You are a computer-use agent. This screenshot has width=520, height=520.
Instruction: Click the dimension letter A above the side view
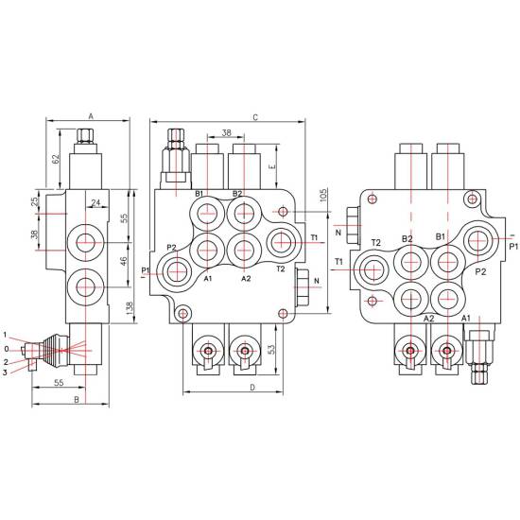pyautogui.click(x=91, y=116)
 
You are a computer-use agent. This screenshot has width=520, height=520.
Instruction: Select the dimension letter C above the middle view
pyautogui.click(x=255, y=117)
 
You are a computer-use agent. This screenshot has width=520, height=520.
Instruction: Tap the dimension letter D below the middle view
pyautogui.click(x=252, y=388)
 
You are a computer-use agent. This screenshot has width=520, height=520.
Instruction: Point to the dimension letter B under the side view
pyautogui.click(x=77, y=400)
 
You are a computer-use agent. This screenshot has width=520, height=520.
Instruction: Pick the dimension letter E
pyautogui.click(x=272, y=166)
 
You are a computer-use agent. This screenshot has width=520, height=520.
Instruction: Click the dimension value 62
pyautogui.click(x=56, y=159)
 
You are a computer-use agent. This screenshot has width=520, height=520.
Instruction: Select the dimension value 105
pyautogui.click(x=323, y=196)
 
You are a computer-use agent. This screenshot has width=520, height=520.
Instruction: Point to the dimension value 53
pyautogui.click(x=271, y=350)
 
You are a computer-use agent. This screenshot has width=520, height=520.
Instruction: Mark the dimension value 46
pyautogui.click(x=123, y=261)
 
